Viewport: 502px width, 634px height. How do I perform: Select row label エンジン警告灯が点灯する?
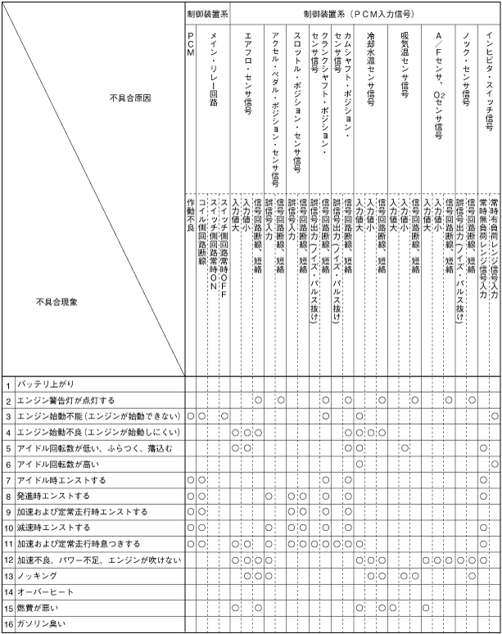point(66,400)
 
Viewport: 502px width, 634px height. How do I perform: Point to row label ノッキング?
point(34,576)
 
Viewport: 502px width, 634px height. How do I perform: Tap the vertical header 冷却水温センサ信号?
point(371,69)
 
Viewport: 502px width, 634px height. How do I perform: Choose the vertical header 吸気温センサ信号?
point(405,65)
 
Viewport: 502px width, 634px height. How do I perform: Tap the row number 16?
point(7,624)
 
